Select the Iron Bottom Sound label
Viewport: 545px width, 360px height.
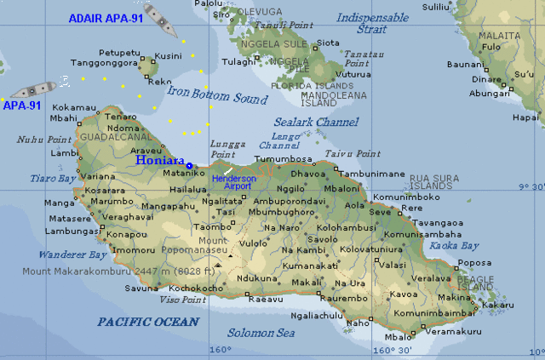tap(217, 94)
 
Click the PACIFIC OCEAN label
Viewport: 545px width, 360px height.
tap(147, 322)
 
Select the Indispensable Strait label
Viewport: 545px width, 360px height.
tap(372, 23)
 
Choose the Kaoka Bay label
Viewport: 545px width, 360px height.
tap(456, 245)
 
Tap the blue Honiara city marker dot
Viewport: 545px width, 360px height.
tap(189, 166)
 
